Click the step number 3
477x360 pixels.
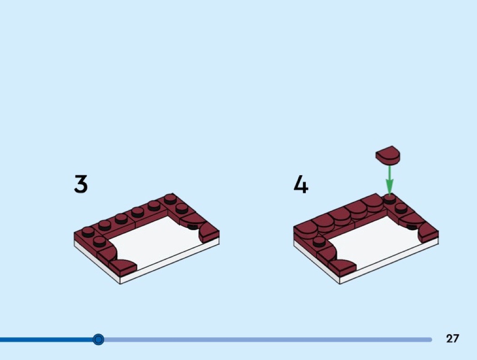80,184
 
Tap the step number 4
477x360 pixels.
301,184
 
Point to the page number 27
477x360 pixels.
452,338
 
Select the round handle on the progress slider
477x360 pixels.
98,339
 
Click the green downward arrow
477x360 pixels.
390,180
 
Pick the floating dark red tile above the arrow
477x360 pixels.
388,155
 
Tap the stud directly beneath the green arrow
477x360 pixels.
390,199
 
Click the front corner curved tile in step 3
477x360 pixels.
123,266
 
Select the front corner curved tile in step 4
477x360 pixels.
342,266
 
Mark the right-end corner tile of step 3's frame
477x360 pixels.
209,233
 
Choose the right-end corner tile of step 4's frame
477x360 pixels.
428,233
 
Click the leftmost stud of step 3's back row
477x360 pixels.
88,232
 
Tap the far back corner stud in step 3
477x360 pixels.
170,199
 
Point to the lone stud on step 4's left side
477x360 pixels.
319,242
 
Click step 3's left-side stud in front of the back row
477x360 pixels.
99,242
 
